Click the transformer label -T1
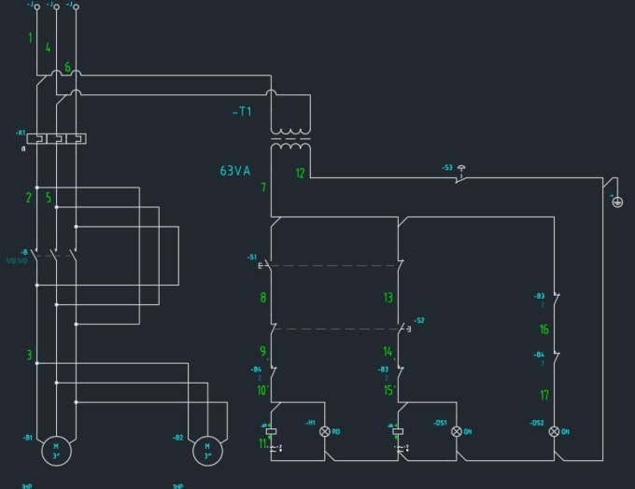[242, 112]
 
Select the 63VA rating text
[235, 171]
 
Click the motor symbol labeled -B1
[54, 452]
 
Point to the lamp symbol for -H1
[325, 432]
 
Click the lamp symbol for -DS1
[457, 432]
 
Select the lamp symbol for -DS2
[554, 432]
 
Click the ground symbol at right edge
[616, 202]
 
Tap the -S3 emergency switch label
[447, 168]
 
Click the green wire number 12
[300, 174]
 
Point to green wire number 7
[263, 188]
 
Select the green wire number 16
[543, 329]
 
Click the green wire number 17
[543, 395]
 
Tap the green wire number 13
[388, 299]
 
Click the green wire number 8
[263, 299]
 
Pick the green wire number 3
[29, 356]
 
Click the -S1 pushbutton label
[252, 257]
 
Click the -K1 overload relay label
[21, 133]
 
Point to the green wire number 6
[67, 68]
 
